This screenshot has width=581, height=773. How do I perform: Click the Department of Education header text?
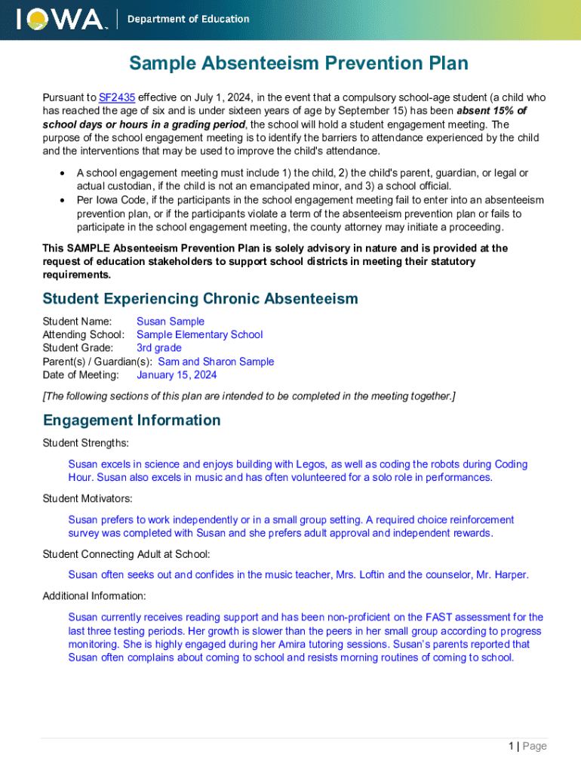click(188, 20)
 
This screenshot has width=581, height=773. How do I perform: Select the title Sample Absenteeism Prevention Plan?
click(298, 63)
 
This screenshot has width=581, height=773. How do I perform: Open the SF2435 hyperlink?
click(114, 97)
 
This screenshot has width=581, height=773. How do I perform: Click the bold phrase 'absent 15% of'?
click(491, 111)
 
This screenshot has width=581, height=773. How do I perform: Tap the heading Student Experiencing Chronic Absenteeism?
click(200, 299)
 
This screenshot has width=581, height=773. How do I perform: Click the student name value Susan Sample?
click(170, 322)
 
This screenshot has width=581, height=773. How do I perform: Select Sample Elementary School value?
click(199, 334)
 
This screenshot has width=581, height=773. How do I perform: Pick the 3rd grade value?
click(158, 348)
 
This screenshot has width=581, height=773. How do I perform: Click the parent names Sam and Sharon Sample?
click(216, 362)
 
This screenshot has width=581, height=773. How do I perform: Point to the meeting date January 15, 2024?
click(177, 375)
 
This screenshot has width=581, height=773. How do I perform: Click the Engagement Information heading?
click(131, 420)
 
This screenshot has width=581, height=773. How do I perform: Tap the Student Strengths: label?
click(85, 442)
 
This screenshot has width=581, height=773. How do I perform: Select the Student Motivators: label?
click(88, 498)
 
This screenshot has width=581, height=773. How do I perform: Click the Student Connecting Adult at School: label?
click(126, 554)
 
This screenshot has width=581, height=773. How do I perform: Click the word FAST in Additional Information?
click(438, 617)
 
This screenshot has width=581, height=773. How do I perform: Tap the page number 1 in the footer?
click(511, 746)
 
